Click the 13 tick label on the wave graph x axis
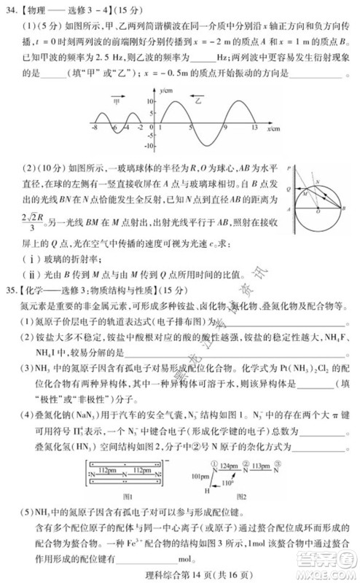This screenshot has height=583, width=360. point(254,128)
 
